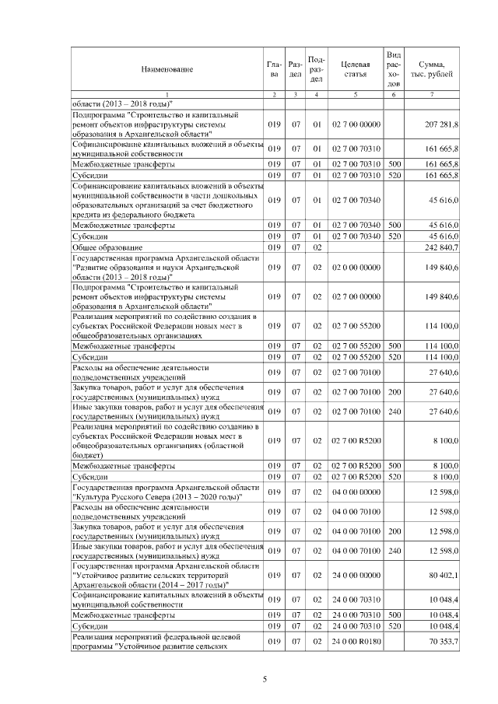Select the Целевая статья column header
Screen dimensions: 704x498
click(355, 69)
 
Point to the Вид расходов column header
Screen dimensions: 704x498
click(394, 69)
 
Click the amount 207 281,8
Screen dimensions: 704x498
click(442, 124)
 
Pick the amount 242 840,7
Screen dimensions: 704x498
click(442, 248)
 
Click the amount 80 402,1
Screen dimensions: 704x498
click(442, 575)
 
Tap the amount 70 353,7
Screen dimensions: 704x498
click(442, 640)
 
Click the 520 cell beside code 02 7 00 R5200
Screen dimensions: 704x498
click(394, 476)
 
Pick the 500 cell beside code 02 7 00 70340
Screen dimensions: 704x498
click(394, 225)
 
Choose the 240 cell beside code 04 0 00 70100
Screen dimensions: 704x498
click(394, 552)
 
